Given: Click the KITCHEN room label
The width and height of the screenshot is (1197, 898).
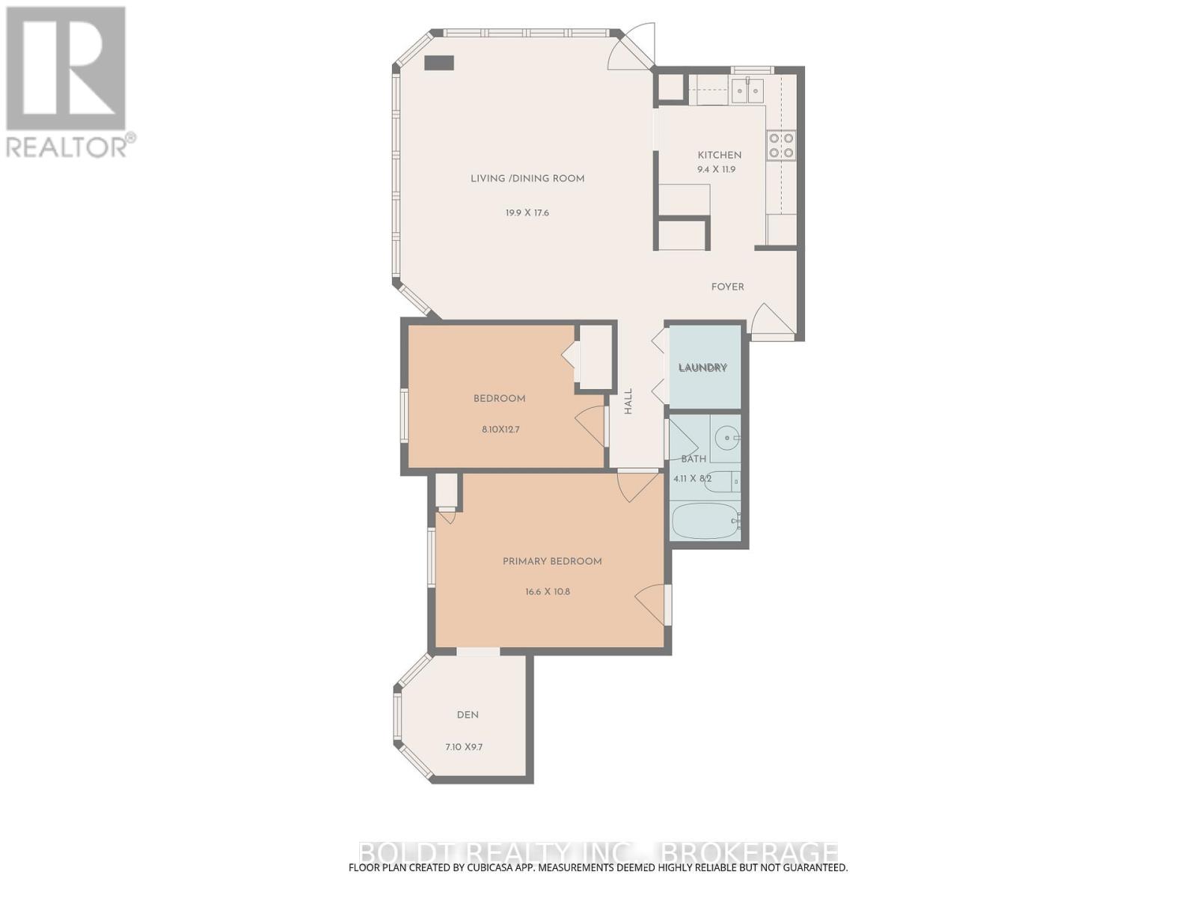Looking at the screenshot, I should pos(719,155).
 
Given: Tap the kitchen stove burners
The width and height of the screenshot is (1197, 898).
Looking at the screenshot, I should pos(780,145).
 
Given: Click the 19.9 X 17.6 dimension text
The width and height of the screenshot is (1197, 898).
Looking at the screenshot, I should pos(527,213).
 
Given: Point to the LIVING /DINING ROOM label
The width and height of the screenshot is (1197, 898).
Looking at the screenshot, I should pos(527,178).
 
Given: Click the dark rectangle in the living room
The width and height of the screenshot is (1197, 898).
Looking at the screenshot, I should pos(439,63).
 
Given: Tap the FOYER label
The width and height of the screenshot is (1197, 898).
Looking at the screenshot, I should pos(727,287).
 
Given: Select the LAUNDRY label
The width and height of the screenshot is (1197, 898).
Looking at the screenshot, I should pos(702,367).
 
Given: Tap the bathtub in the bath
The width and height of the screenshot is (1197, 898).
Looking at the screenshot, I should pos(704,521).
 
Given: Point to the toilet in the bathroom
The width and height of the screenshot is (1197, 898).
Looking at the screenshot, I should pos(722,480).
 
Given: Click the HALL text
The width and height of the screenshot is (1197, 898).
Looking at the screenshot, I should pos(628,401).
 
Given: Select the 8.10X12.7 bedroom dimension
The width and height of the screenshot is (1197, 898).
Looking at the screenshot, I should pos(500,430).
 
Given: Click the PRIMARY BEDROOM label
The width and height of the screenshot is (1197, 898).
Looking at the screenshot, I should pos(552,561).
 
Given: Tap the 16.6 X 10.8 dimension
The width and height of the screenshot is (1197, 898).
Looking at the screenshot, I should pos(548,591).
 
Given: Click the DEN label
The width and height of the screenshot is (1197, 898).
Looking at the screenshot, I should pos(468,715).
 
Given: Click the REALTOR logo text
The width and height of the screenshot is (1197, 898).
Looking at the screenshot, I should pos(67,146).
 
